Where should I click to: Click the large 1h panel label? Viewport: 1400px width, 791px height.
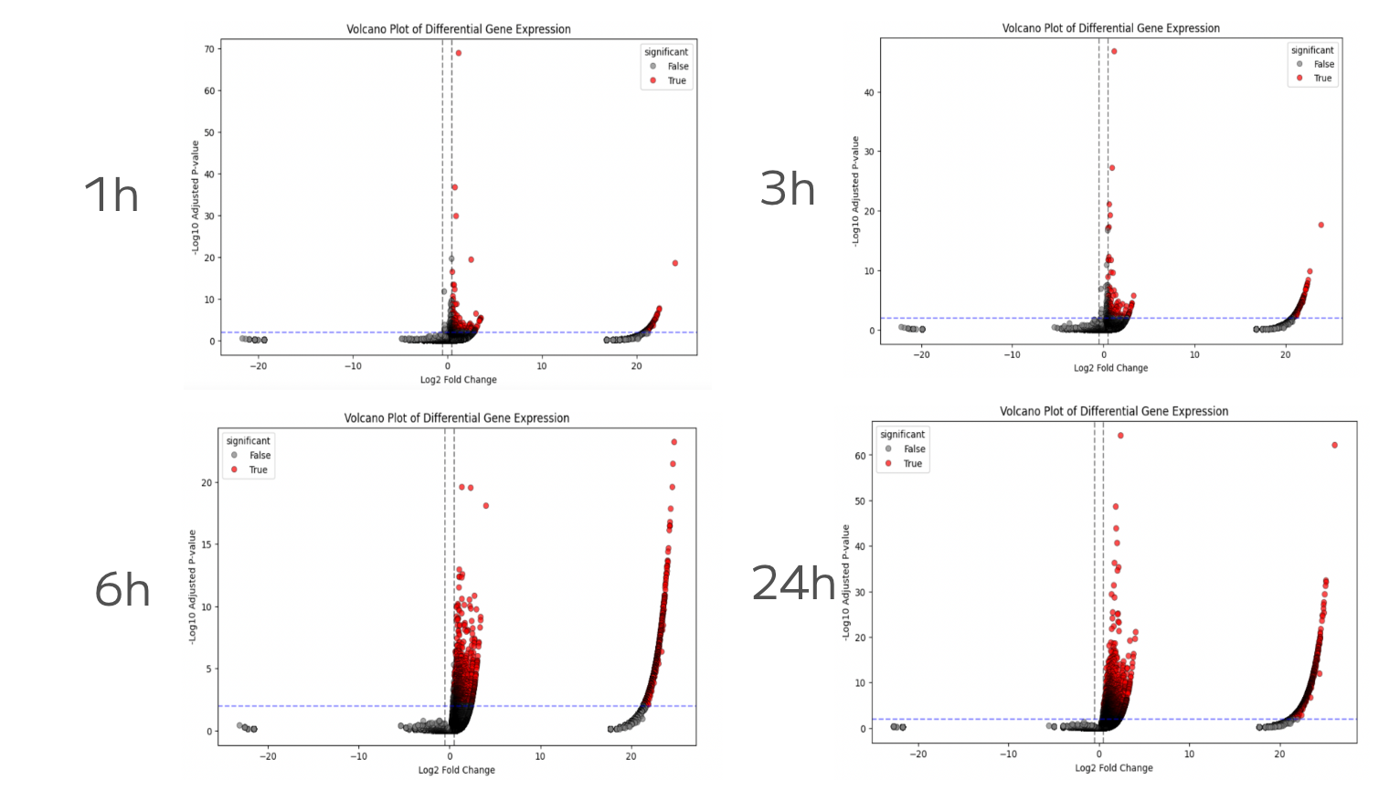(x=111, y=195)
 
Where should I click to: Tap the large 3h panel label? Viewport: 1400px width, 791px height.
(x=787, y=188)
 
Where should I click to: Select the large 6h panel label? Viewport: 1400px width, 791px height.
(x=122, y=589)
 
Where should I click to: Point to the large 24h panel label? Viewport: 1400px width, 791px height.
(x=792, y=583)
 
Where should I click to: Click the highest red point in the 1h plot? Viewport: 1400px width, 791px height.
(x=459, y=53)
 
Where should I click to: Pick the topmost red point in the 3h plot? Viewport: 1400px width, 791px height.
(x=1114, y=51)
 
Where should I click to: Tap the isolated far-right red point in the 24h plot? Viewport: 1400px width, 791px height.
(x=1335, y=446)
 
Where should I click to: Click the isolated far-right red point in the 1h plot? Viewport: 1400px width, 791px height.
(x=675, y=263)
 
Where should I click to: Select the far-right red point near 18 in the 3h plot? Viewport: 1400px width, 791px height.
(x=1320, y=225)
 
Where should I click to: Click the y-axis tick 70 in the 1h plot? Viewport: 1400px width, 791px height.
(x=209, y=49)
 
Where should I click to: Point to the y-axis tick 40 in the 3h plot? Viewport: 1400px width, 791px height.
(x=869, y=92)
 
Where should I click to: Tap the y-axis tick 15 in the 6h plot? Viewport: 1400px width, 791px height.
(x=207, y=544)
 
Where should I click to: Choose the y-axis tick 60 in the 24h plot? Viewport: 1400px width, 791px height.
(x=860, y=456)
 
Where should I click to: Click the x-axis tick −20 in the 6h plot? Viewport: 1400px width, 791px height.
(x=269, y=756)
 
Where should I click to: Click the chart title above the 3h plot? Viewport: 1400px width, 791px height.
(x=1110, y=28)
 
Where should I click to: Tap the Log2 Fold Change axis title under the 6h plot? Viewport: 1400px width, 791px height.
(x=457, y=770)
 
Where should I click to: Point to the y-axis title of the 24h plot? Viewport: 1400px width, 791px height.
(x=846, y=581)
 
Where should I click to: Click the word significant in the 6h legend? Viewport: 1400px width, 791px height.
(x=249, y=441)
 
